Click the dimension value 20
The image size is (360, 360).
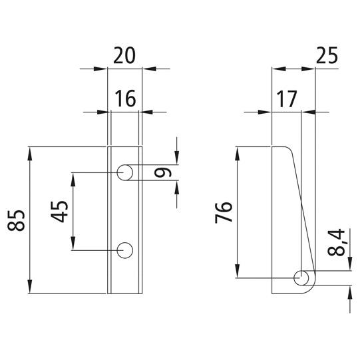pos(124,55)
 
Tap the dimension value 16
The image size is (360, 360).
pos(125,98)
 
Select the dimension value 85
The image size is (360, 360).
pos(16,220)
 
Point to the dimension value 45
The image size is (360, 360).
pos(59,212)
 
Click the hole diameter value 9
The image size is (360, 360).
pos(163,172)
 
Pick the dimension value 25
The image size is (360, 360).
pos(327,55)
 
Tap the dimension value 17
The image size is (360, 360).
pos(287,99)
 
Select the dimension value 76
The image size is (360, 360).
pos(224,212)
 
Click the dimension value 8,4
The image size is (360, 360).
pos(336,242)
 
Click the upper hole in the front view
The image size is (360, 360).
pos(124,172)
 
